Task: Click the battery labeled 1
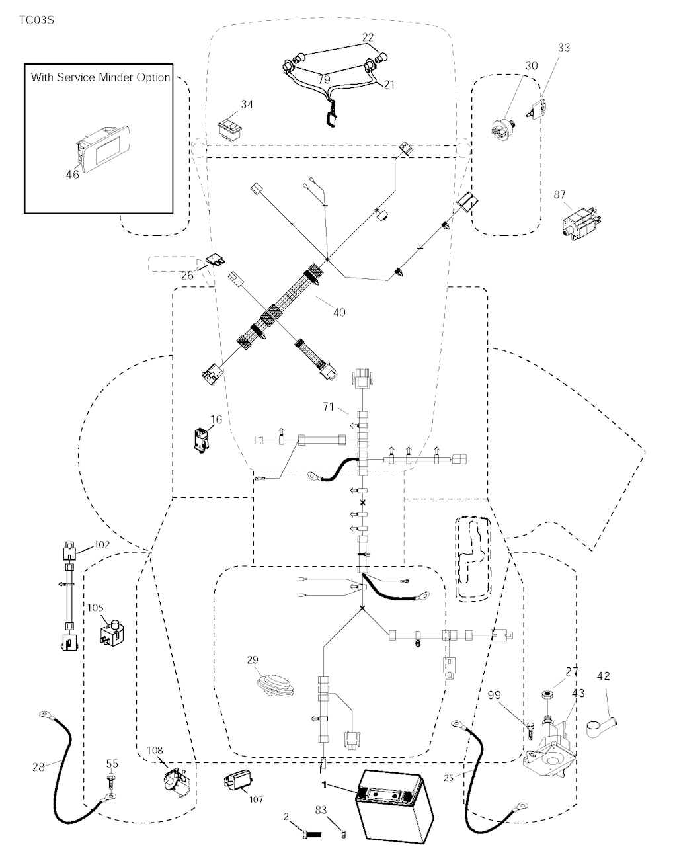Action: coord(393,813)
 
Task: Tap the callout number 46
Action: coord(71,174)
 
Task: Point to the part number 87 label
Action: coord(560,194)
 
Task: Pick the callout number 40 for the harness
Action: coord(338,312)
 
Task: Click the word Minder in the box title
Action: coord(116,77)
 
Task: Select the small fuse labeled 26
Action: coord(216,261)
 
